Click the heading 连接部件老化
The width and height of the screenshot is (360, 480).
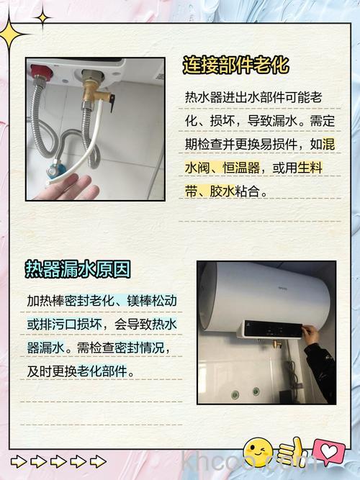click(x=235, y=65)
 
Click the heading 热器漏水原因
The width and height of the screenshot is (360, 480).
click(x=78, y=269)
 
